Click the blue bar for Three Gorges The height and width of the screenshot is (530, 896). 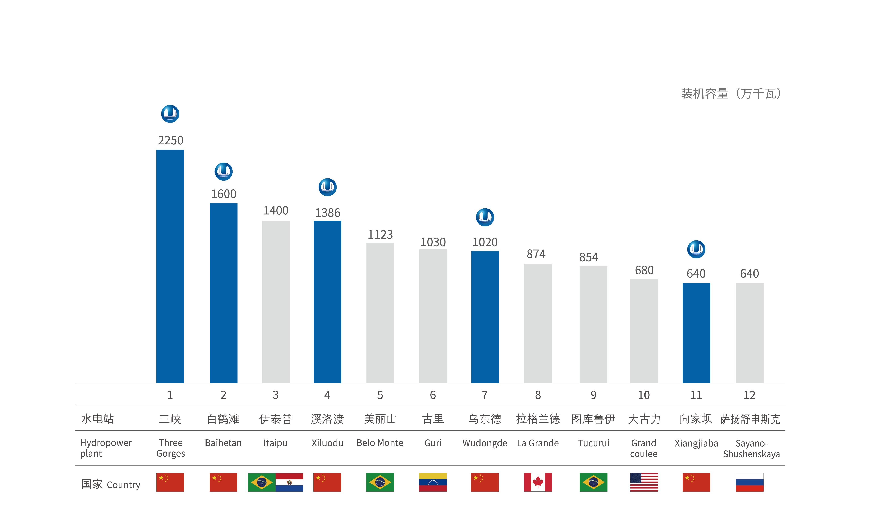click(x=170, y=266)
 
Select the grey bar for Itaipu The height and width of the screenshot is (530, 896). click(x=275, y=302)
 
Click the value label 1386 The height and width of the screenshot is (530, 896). click(x=328, y=213)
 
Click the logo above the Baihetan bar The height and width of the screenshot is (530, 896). click(x=223, y=171)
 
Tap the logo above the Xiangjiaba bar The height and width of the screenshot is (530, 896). click(x=696, y=249)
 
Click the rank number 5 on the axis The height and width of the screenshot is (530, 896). click(x=380, y=395)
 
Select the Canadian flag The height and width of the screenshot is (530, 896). click(x=538, y=482)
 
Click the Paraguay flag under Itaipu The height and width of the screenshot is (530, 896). click(x=289, y=482)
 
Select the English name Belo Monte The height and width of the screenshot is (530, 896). click(x=380, y=443)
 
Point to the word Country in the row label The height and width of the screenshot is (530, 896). click(x=123, y=485)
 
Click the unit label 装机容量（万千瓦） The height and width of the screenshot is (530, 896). click(x=730, y=94)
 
